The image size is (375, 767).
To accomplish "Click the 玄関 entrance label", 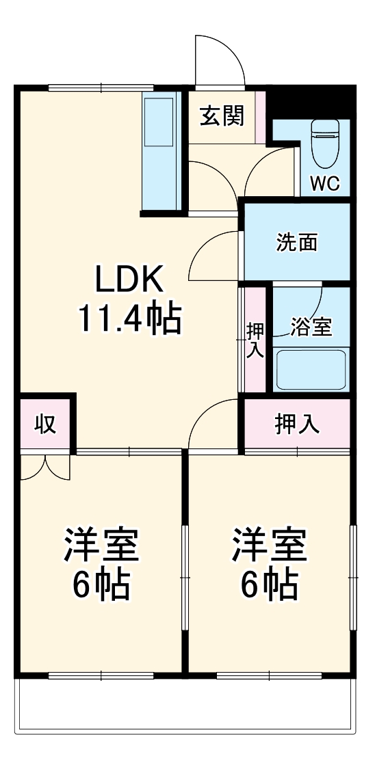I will pos(222,116).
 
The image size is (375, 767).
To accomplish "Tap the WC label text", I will pos(325,184).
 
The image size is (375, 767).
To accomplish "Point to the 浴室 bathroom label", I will pos(311,327).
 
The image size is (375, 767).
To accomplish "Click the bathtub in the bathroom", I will pos(311,369).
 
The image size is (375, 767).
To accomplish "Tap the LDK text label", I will pos(129,279).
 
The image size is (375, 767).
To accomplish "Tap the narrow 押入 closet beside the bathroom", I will pos(255,340).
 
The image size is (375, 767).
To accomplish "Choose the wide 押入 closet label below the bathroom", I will pos(297,425).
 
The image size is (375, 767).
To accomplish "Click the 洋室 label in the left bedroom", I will pos(102,544).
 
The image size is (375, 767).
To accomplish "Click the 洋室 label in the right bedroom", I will pos(269,544).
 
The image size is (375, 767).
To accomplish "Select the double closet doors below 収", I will pos(45,467).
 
